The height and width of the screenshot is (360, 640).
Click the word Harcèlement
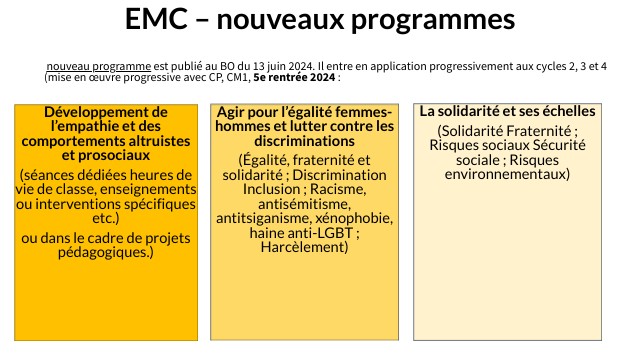tap(302, 246)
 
